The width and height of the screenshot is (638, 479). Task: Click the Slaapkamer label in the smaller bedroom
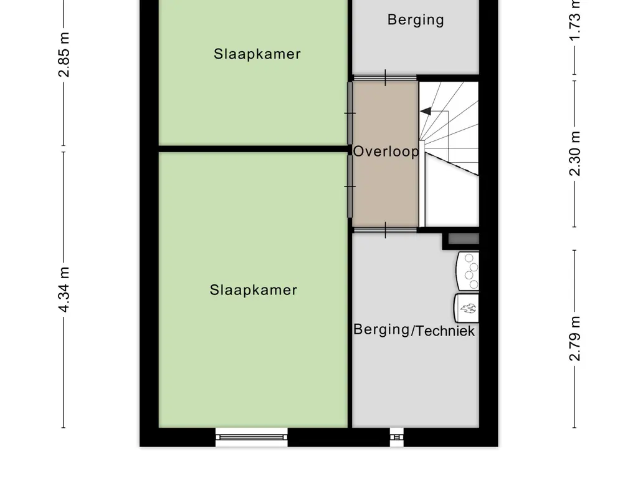click(257, 54)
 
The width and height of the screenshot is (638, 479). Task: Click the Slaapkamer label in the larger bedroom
click(253, 290)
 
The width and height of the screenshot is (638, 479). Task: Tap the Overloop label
click(386, 152)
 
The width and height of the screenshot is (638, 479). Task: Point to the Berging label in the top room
click(416, 20)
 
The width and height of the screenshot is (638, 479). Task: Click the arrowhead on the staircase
click(426, 112)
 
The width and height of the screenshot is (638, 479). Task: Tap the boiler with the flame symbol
click(467, 307)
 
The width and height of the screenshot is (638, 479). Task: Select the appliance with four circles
click(469, 270)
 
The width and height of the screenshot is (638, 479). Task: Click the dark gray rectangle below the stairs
click(464, 238)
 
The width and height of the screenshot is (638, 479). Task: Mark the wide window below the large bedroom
click(252, 437)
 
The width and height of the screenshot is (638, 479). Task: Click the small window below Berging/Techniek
click(396, 437)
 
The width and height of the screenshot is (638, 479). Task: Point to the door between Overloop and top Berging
click(385, 78)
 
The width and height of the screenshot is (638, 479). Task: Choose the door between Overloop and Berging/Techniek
click(385, 230)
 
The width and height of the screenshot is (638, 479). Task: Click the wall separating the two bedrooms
click(252, 149)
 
